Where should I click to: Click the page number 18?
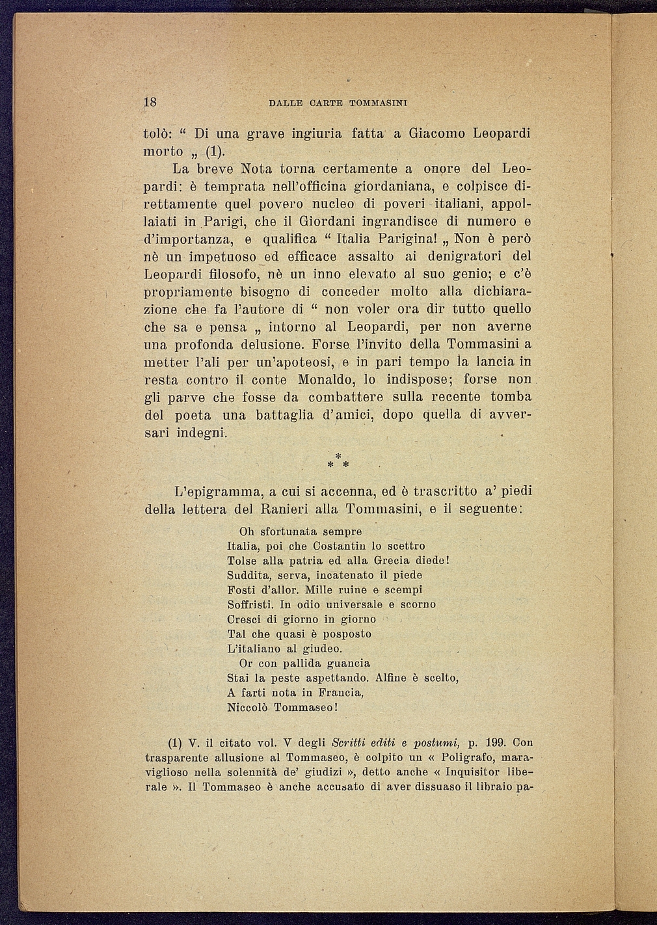150,102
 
